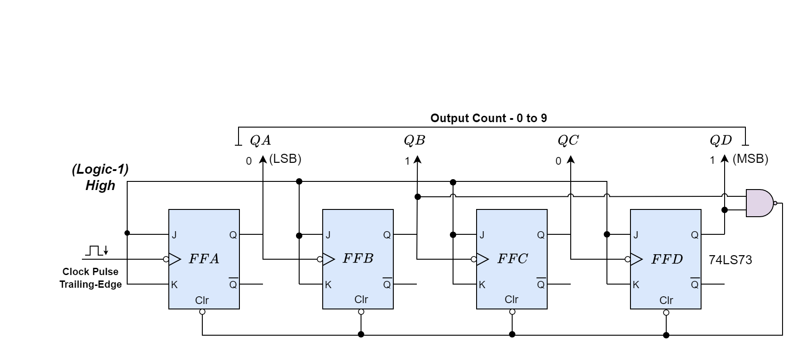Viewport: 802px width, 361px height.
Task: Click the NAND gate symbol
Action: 759,203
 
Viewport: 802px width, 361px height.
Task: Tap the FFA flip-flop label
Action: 204,259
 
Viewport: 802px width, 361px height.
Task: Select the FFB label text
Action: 358,258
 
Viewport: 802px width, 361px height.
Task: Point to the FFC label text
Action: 512,259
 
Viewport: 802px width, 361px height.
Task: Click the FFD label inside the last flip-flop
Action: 666,259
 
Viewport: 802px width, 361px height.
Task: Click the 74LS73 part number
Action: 730,260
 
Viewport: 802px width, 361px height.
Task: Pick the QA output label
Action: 260,141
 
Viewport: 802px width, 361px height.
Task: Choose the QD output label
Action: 721,141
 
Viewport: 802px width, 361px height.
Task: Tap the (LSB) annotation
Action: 285,159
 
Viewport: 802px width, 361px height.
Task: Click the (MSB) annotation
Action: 750,159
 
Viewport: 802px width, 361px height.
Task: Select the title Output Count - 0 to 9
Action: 488,119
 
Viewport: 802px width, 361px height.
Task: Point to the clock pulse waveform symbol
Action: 96,251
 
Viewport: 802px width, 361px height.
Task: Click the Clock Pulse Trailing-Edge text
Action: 91,278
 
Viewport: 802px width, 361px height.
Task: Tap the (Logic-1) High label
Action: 100,177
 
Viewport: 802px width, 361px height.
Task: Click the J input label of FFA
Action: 174,235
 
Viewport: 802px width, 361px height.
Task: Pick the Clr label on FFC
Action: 511,299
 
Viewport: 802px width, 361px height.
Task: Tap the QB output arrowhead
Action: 417,159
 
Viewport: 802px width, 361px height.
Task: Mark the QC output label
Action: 568,141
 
